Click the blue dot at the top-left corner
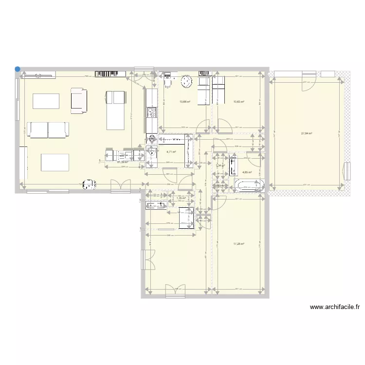point(18,69)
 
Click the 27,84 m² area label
point(306,133)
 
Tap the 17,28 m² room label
point(238,244)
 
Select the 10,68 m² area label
point(184,102)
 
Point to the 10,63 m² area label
point(238,102)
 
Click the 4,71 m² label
point(171,152)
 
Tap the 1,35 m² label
point(181,198)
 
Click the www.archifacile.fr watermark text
point(335,307)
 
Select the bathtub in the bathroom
point(249,185)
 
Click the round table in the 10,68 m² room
point(185,82)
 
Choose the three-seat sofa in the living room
point(48,129)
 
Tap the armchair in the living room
point(78,99)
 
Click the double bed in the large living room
point(116,110)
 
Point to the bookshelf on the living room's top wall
point(110,74)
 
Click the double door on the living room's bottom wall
point(120,185)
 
